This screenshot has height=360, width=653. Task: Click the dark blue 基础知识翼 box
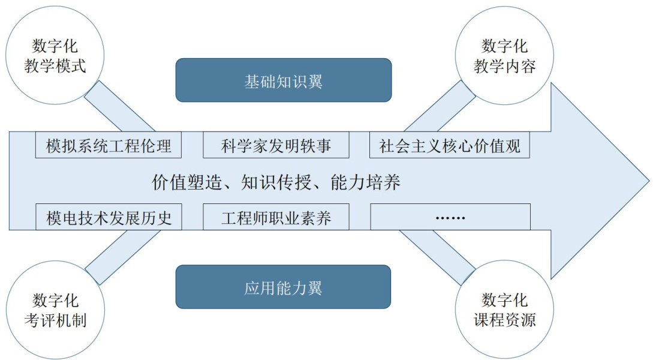tap(283, 80)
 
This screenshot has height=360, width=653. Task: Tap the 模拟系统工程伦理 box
tap(109, 146)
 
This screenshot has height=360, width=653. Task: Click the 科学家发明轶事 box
tap(276, 146)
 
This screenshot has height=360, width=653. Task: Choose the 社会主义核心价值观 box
tap(450, 146)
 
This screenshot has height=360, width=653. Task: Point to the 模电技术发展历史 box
tap(109, 217)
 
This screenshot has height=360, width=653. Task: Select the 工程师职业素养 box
tap(276, 217)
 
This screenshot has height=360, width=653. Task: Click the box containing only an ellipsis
tap(450, 217)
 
